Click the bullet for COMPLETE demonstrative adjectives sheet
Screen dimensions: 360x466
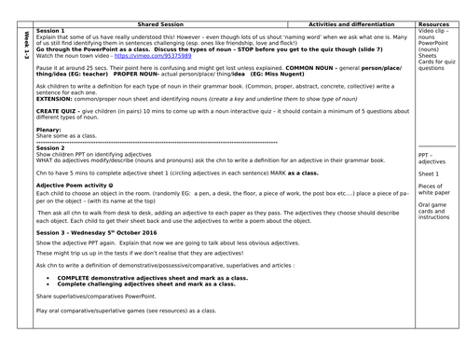tap(48, 277)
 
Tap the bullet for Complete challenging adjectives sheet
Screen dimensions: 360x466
tap(48, 284)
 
